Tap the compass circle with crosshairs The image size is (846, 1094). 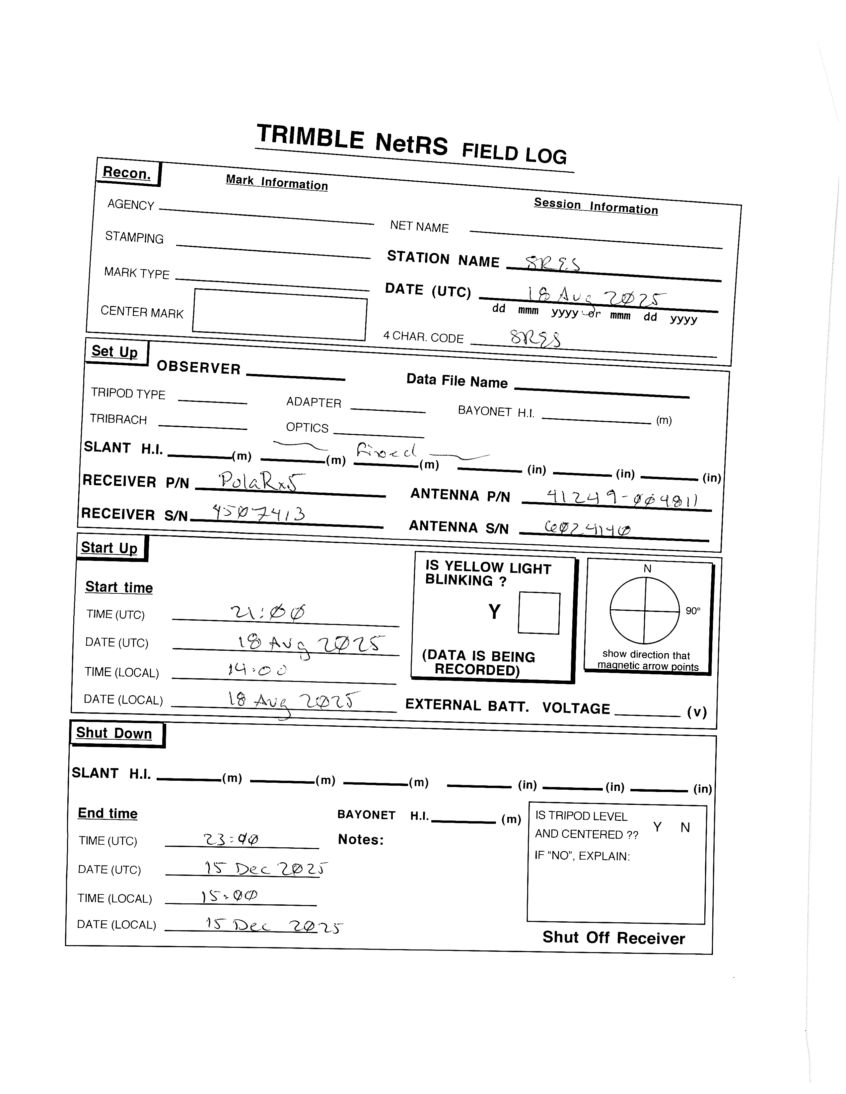pyautogui.click(x=645, y=611)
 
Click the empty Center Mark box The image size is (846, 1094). pyautogui.click(x=280, y=315)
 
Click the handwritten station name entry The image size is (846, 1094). pyautogui.click(x=552, y=263)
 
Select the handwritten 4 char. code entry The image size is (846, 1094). pyautogui.click(x=535, y=339)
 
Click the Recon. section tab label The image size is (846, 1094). pyautogui.click(x=127, y=173)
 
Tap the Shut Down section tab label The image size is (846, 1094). pyautogui.click(x=114, y=733)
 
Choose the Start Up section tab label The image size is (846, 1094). pyautogui.click(x=109, y=548)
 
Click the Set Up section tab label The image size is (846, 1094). pyautogui.click(x=115, y=352)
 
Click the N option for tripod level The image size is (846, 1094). pyautogui.click(x=685, y=827)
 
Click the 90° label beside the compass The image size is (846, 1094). pyautogui.click(x=693, y=611)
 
